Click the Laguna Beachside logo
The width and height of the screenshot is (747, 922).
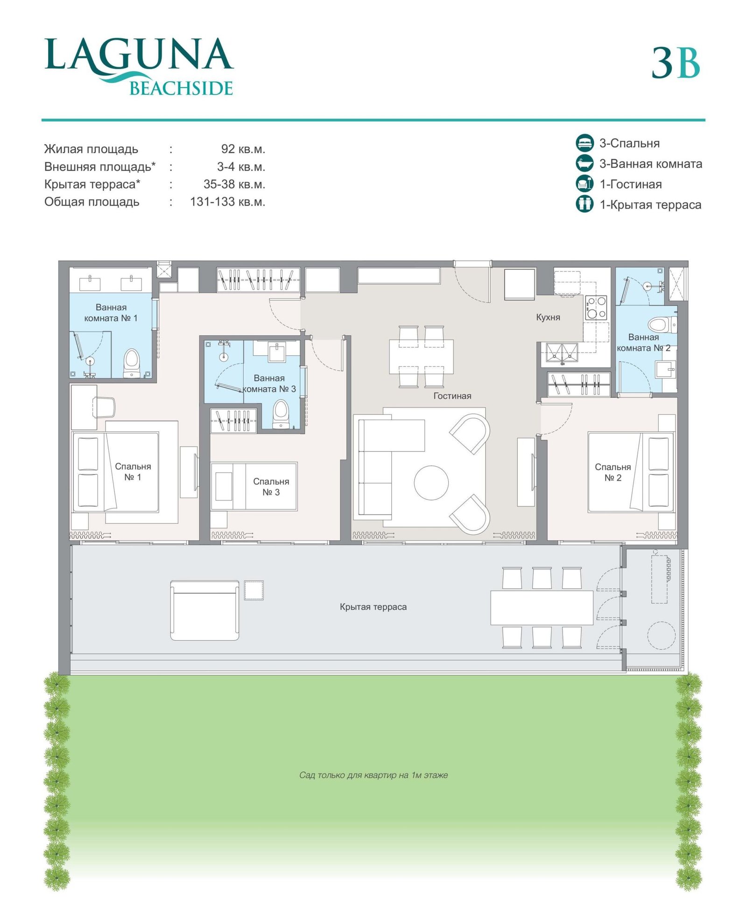tap(139, 67)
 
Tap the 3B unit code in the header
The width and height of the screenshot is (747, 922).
tap(676, 63)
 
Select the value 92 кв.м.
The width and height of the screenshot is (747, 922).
tap(243, 149)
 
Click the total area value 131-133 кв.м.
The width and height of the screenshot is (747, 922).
tap(227, 202)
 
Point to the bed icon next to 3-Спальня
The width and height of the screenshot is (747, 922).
tap(585, 143)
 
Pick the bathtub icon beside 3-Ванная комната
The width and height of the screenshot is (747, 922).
tap(585, 163)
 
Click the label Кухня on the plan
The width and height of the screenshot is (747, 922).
tap(548, 317)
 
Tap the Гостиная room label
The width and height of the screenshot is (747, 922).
tap(452, 396)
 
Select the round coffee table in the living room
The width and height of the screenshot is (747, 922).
tap(431, 482)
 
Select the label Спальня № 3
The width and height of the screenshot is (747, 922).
tap(271, 486)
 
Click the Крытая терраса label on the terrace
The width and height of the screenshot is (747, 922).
tap(373, 607)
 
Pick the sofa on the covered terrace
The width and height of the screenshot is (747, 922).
tap(204, 610)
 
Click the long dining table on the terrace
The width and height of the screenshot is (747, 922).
tap(542, 608)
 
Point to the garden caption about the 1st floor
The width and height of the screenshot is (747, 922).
tap(373, 775)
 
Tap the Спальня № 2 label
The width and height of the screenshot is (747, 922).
tap(613, 472)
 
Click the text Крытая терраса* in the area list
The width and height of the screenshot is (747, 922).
tap(92, 184)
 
